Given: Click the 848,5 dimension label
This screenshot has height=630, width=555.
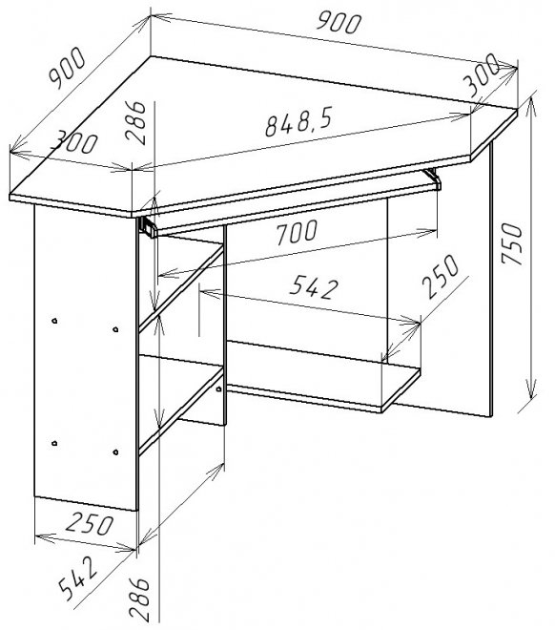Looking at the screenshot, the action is click(x=299, y=122).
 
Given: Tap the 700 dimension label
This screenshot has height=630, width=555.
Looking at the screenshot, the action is click(x=297, y=232).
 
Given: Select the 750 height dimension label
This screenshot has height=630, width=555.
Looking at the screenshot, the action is click(x=512, y=243).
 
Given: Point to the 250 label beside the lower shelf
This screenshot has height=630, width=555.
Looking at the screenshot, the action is click(x=441, y=276).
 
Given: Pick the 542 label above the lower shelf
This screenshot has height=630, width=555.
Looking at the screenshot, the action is click(x=314, y=287).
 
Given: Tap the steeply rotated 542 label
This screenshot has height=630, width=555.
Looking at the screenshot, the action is click(x=77, y=577).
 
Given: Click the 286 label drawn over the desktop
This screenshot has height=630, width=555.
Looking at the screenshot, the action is click(x=135, y=122).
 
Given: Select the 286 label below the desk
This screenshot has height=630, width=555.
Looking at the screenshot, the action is click(x=139, y=598).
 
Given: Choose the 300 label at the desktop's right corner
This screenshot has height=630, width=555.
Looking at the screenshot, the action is click(x=481, y=75).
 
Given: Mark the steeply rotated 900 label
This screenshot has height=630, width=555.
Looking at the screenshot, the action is click(x=67, y=68).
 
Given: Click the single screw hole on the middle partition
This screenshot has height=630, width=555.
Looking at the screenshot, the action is click(x=218, y=388).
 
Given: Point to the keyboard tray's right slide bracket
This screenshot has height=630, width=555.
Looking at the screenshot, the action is click(x=433, y=178).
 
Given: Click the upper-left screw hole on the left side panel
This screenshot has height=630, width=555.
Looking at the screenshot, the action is click(x=54, y=321).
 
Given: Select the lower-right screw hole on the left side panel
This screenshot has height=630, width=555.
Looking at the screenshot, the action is click(x=115, y=452).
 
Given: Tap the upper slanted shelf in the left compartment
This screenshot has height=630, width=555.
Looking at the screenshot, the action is click(x=181, y=288).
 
